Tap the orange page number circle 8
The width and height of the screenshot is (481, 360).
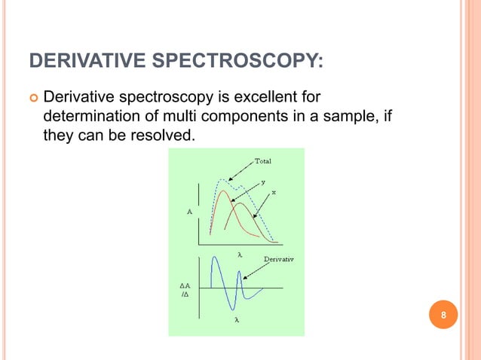(x=444, y=314)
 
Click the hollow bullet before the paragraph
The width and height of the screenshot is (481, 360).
(x=34, y=98)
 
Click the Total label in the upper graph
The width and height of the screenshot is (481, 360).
(x=263, y=161)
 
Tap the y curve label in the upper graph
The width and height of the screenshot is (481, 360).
(x=263, y=182)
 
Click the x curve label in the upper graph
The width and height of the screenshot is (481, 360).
(x=273, y=192)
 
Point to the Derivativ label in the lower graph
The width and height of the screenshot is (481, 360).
(x=279, y=259)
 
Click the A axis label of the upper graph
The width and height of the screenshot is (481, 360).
(x=188, y=212)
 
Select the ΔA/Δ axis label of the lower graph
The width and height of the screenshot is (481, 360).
(x=185, y=291)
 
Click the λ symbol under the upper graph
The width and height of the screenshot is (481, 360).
(x=239, y=255)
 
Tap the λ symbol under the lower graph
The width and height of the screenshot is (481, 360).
(x=237, y=319)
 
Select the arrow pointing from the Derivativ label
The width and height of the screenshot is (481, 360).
(x=256, y=270)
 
